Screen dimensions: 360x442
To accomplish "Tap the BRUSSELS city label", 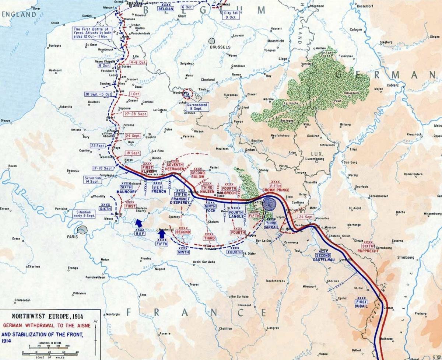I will pos(220,47).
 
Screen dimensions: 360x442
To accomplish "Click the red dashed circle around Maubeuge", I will pos(188,94).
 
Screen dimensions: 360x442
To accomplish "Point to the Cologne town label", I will pos(356,29).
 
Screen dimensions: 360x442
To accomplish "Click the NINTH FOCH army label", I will pos(210,209).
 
